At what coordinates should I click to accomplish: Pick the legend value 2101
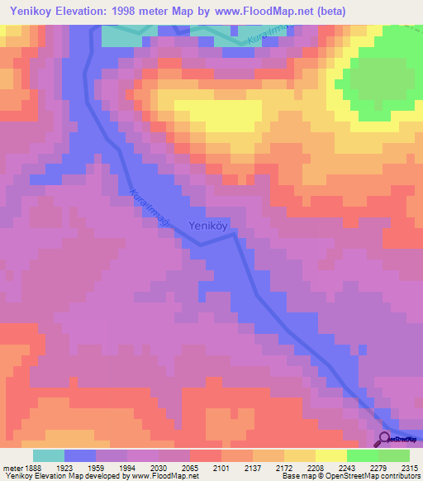221,468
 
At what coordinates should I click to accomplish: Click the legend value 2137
252,468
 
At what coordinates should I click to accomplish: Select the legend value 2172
283,468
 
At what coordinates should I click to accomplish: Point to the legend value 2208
315,468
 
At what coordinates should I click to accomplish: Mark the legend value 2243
346,468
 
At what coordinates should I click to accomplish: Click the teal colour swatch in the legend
48,455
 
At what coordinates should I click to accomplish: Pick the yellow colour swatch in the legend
330,455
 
